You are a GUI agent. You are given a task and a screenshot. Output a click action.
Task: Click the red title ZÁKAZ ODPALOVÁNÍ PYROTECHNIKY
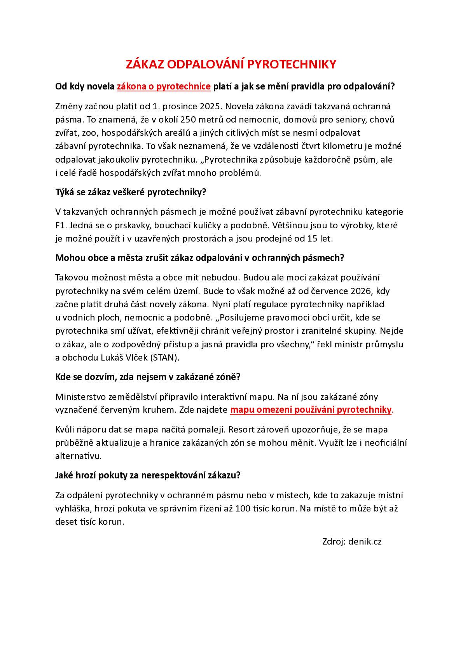pyautogui.click(x=231, y=65)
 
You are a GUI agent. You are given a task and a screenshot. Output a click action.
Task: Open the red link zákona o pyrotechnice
pyautogui.click(x=164, y=86)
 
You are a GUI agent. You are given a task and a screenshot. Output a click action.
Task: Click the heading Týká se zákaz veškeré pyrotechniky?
pyautogui.click(x=131, y=192)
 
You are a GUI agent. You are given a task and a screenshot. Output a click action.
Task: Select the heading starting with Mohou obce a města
pyautogui.click(x=200, y=258)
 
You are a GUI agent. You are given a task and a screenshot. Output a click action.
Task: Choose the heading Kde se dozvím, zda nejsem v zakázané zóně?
pyautogui.click(x=148, y=377)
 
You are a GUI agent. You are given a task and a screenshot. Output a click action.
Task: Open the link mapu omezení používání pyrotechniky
pyautogui.click(x=311, y=410)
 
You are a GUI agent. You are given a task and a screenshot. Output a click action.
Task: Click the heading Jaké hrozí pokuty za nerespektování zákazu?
pyautogui.click(x=148, y=475)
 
